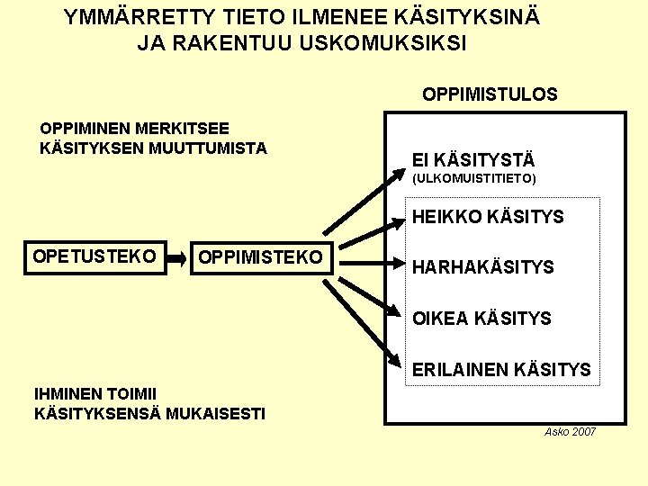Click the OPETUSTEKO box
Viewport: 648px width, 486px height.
94,257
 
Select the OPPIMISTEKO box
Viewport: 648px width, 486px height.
260,257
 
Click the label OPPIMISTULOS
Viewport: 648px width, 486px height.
490,94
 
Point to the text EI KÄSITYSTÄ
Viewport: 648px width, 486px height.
473,160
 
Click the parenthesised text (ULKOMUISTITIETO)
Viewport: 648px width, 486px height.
473,179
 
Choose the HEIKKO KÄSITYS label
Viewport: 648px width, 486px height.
488,217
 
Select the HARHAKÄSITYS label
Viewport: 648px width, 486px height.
482,267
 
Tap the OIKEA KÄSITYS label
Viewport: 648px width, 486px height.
481,318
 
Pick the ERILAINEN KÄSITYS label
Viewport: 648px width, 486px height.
501,369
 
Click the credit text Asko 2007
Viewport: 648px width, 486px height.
570,433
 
